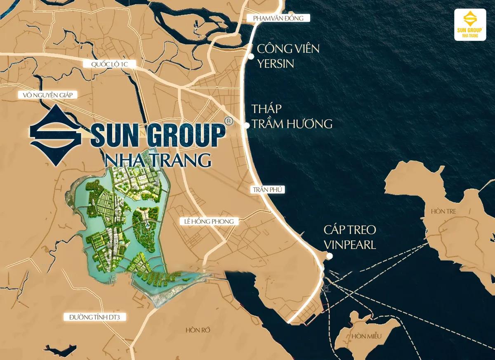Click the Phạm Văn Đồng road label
coord(278,18)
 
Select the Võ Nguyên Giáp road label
coord(48,95)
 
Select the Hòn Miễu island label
coord(366,336)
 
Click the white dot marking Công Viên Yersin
coord(250,56)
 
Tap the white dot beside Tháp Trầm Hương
coord(247,126)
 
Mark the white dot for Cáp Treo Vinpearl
coord(329,256)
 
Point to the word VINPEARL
coord(350,245)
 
